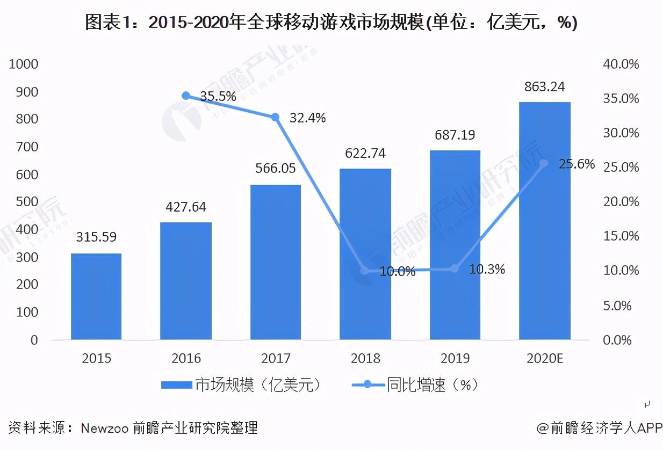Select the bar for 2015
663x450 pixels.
click(x=96, y=296)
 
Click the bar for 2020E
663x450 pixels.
click(x=544, y=221)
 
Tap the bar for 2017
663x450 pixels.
click(x=276, y=262)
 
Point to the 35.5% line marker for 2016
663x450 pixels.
click(x=186, y=96)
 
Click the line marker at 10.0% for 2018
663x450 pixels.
click(x=365, y=271)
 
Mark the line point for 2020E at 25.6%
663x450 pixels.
click(x=544, y=163)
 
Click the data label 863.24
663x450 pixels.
click(x=545, y=87)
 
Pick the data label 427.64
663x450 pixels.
click(x=186, y=207)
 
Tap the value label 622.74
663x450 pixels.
click(x=365, y=154)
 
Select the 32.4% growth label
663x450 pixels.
click(x=307, y=118)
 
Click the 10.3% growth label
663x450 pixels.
click(x=487, y=270)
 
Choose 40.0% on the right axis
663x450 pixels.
click(x=622, y=64)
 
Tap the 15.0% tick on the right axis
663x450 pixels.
click(x=622, y=236)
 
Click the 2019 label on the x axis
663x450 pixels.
click(x=455, y=358)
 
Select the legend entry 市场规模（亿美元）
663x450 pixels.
click(x=242, y=385)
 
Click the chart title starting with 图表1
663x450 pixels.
click(x=331, y=23)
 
